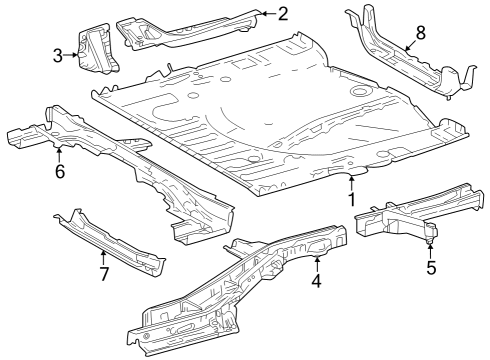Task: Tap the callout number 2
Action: coord(282,13)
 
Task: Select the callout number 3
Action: coord(58,56)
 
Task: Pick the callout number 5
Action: coord(431,268)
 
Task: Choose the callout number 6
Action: coord(59,172)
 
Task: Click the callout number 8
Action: coord(420,32)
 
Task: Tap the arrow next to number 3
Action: coord(73,56)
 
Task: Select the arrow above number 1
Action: coord(352,181)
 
